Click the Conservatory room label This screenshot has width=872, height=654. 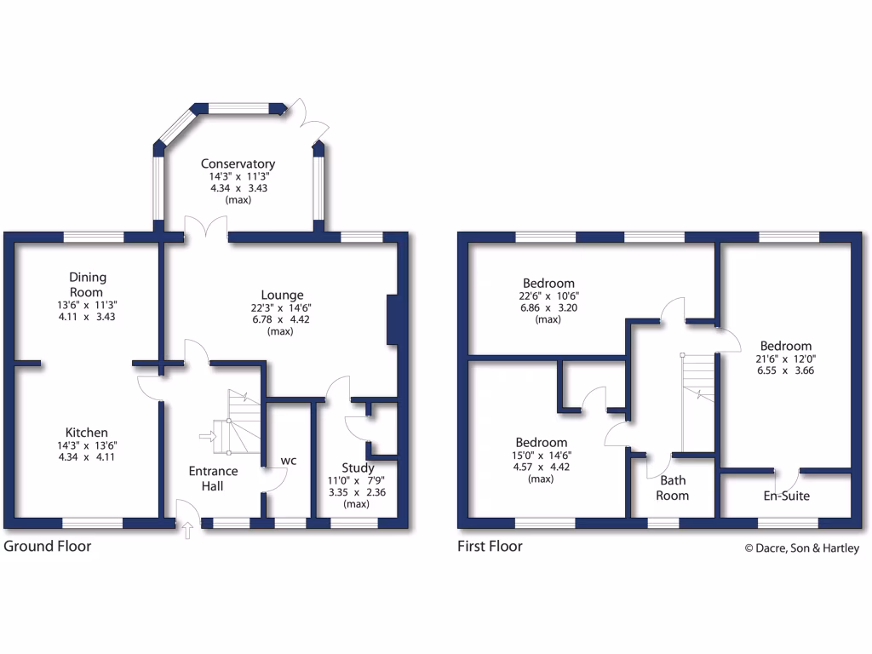click(x=238, y=163)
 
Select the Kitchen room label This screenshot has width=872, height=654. click(x=89, y=433)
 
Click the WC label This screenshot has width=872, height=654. click(x=289, y=461)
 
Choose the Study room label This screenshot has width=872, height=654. click(x=358, y=468)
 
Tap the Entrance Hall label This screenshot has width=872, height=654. click(x=213, y=478)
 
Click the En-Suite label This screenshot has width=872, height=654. click(x=785, y=496)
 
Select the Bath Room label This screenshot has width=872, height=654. click(x=672, y=488)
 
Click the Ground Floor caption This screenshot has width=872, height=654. click(x=48, y=546)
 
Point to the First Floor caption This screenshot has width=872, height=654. click(x=490, y=546)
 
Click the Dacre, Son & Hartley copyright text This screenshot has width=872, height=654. click(x=801, y=548)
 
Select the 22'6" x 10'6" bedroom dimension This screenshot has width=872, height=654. click(x=548, y=296)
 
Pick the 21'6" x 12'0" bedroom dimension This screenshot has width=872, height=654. click(x=786, y=359)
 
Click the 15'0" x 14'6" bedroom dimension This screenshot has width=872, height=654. click(x=541, y=456)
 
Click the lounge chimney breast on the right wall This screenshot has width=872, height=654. click(x=392, y=319)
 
